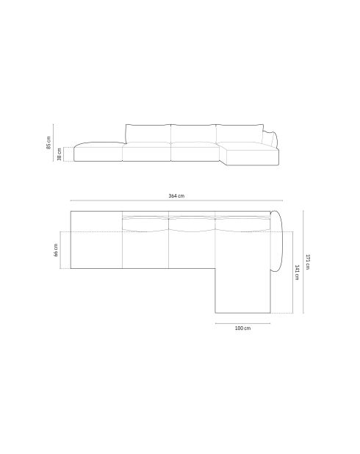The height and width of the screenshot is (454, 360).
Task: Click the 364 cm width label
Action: pyautogui.click(x=176, y=195)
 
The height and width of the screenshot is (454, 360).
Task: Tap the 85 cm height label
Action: pyautogui.click(x=48, y=143)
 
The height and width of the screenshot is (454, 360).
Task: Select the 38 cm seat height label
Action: pyautogui.click(x=59, y=154)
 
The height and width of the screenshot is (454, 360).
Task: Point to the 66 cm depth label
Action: pyautogui.click(x=56, y=250)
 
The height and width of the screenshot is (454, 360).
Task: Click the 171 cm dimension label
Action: pyautogui.click(x=308, y=262)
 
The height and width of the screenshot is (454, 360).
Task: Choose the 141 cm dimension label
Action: pyautogui.click(x=297, y=272)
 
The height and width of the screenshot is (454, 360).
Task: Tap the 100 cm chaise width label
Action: pyautogui.click(x=242, y=328)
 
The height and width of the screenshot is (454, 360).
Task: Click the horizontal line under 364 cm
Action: pyautogui.click(x=176, y=201)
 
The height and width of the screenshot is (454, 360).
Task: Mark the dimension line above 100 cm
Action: pyautogui.click(x=242, y=323)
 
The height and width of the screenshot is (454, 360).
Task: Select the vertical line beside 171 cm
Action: pyautogui.click(x=303, y=262)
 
